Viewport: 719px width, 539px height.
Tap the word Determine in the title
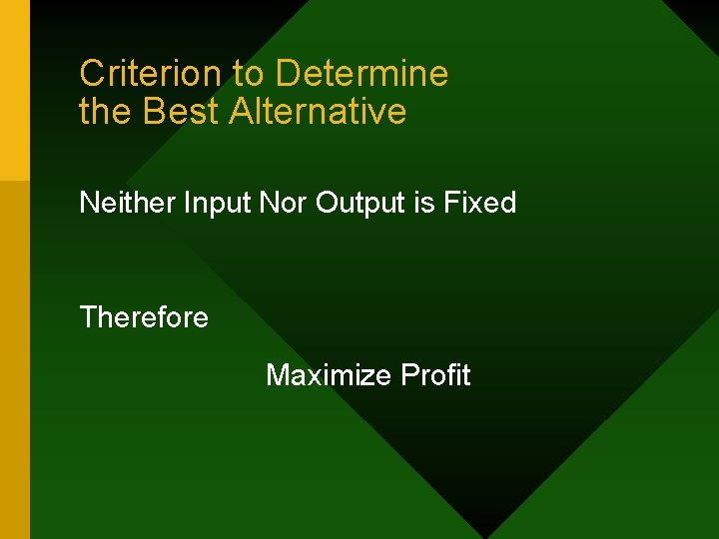point(361,73)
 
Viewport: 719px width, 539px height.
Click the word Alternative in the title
point(318,111)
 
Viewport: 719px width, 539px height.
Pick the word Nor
point(283,203)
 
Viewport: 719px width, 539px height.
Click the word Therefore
point(144,317)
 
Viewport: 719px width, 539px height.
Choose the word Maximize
point(329,375)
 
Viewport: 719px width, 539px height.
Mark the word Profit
point(435,375)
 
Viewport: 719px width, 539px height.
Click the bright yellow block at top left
point(15,90)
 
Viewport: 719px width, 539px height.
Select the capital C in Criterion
point(91,73)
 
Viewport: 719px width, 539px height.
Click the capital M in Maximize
point(277,375)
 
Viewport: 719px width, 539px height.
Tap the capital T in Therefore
point(88,317)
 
